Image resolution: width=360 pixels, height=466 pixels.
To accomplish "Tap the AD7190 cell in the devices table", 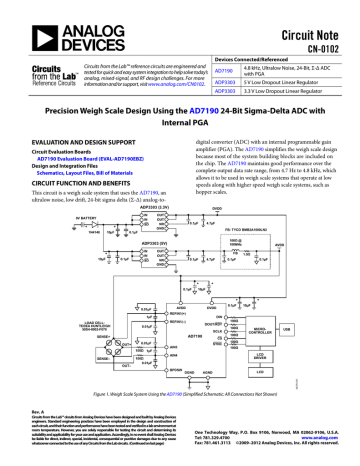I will pyautogui.click(x=225, y=71).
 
